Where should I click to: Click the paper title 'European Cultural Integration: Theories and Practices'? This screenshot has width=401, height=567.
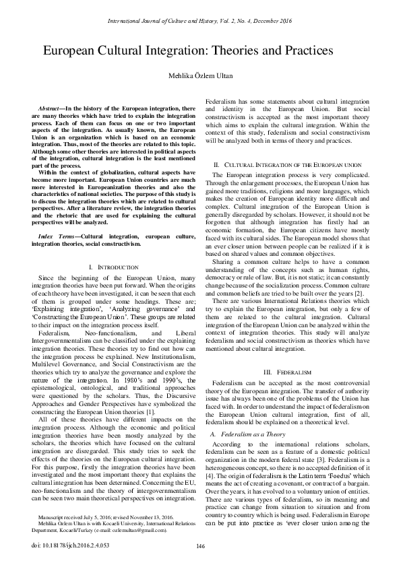coord(189,51)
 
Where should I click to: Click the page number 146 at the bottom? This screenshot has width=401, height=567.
coord(200,545)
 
